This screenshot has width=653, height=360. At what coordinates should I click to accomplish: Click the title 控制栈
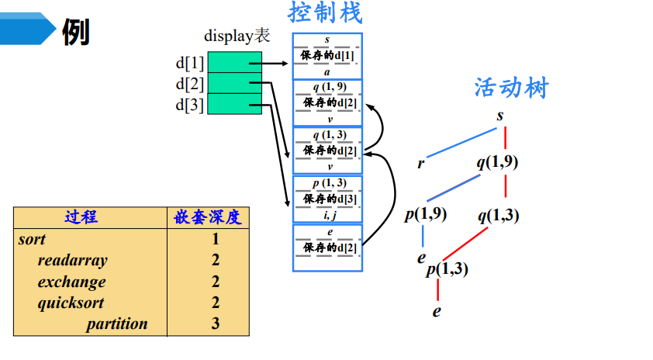pos(326,12)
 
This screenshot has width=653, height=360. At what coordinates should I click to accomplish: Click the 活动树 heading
pos(510,88)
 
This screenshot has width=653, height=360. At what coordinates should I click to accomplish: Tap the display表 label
pos(237,36)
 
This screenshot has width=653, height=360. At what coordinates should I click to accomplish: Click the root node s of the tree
pos(501,116)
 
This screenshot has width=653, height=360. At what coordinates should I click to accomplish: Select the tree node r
pos(421,163)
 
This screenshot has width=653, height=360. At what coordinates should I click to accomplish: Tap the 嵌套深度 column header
pos(207,217)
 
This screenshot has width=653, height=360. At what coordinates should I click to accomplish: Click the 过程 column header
pos(81,217)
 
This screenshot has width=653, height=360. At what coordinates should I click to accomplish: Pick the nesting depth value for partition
pos(216,324)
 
